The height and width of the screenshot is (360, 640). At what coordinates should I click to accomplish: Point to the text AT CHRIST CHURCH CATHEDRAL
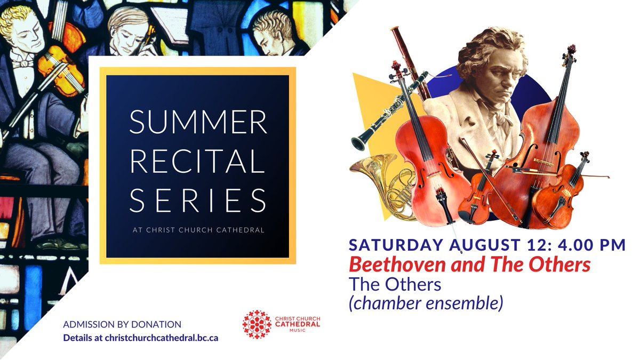[x=197, y=231]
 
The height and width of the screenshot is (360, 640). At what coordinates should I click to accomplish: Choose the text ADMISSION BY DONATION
[x=122, y=324]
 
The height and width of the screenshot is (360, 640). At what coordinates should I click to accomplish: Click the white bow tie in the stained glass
[x=23, y=63]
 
